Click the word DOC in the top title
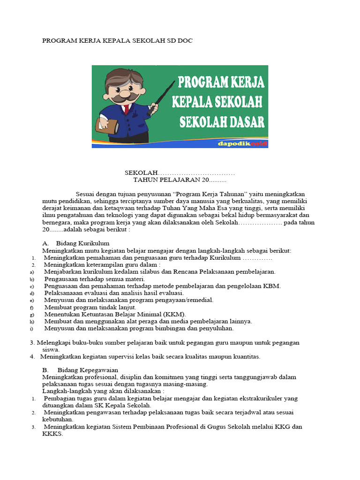point(184,41)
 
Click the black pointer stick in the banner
point(162,99)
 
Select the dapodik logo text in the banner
point(242,144)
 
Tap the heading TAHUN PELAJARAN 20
point(180,180)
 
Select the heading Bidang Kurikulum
point(82,243)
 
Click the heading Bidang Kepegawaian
point(88,370)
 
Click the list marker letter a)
point(32,272)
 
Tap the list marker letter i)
point(31,328)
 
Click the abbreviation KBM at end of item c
point(272,286)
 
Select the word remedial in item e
point(197,300)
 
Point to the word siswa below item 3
point(51,349)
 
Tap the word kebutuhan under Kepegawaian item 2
point(58,419)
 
